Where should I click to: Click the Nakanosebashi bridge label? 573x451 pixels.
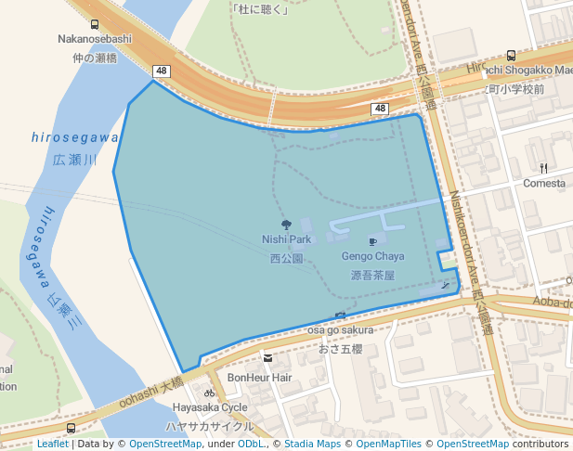(95, 39)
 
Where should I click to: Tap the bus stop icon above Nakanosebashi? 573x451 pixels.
(95, 25)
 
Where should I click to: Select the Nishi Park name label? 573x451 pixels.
(286, 239)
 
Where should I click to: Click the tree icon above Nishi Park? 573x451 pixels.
(286, 225)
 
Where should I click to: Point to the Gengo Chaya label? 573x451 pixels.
(372, 256)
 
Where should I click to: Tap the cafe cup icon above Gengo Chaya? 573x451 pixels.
(372, 241)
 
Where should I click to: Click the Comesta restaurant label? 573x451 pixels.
(544, 183)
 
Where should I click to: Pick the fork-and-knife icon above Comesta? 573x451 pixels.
(544, 168)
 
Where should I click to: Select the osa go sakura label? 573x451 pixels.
(341, 329)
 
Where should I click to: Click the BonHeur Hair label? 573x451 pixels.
(259, 378)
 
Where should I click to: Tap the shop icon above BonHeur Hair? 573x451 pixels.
(267, 358)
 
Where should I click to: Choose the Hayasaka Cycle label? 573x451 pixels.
(210, 407)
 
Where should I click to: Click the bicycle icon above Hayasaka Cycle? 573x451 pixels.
(210, 393)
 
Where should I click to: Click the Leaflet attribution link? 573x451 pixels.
(52, 444)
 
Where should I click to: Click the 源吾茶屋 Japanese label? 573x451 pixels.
(372, 276)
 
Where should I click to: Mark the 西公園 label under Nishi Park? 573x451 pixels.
(286, 259)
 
